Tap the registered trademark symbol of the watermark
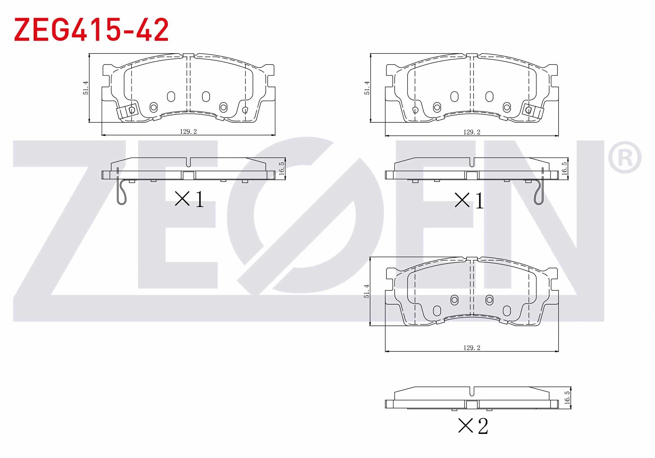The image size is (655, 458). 625,157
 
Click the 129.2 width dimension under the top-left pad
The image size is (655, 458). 188,132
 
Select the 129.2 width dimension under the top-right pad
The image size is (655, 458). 472,132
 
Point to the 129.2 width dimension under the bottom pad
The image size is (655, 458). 472,348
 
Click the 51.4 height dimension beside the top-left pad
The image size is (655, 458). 86,88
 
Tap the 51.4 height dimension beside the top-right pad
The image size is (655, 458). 367,88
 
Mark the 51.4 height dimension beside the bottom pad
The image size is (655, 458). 367,291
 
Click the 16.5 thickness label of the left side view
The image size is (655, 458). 282,169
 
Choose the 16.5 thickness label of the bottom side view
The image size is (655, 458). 567,398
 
